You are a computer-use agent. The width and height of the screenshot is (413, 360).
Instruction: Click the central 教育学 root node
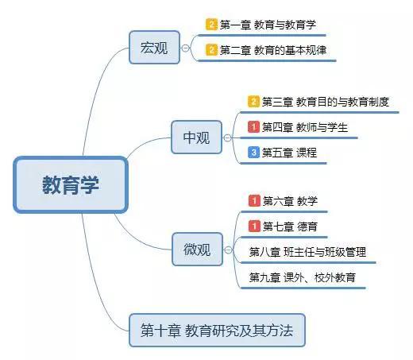pyautogui.click(x=71, y=185)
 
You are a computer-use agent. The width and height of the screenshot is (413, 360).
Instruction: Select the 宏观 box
pyautogui.click(x=154, y=48)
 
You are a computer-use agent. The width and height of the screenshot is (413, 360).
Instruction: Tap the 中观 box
pyautogui.click(x=196, y=137)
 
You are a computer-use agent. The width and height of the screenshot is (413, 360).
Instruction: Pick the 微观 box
pyautogui.click(x=197, y=250)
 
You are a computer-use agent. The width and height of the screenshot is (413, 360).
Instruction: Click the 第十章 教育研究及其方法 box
pyautogui.click(x=217, y=331)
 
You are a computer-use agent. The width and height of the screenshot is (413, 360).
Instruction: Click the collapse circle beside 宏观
pyautogui.click(x=186, y=48)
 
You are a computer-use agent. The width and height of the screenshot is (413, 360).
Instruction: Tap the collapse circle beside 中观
pyautogui.click(x=227, y=137)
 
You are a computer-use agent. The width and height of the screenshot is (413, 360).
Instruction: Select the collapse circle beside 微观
pyautogui.click(x=228, y=250)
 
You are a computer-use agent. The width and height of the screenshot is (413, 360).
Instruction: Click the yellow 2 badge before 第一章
pyautogui.click(x=211, y=25)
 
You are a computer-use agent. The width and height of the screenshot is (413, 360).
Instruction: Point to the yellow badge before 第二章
pyautogui.click(x=211, y=50)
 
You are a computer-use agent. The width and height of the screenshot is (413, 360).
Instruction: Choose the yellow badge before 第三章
pyautogui.click(x=253, y=102)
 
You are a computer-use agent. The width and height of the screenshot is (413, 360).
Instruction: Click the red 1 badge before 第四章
pyautogui.click(x=253, y=127)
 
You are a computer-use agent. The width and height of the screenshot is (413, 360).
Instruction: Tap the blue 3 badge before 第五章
pyautogui.click(x=253, y=153)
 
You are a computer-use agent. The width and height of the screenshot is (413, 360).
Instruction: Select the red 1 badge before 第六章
pyautogui.click(x=254, y=201)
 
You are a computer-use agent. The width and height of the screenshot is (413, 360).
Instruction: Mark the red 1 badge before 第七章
pyautogui.click(x=254, y=226)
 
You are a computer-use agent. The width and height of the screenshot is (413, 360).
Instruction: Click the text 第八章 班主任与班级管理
pyautogui.click(x=307, y=252)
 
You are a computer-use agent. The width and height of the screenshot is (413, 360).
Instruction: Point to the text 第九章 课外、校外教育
pyautogui.click(x=302, y=277)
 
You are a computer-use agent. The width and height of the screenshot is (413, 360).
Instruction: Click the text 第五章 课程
pyautogui.click(x=289, y=153)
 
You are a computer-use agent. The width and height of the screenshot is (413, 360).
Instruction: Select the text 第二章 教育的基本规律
pyautogui.click(x=273, y=50)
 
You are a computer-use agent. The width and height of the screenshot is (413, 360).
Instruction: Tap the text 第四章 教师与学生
pyautogui.click(x=305, y=127)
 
